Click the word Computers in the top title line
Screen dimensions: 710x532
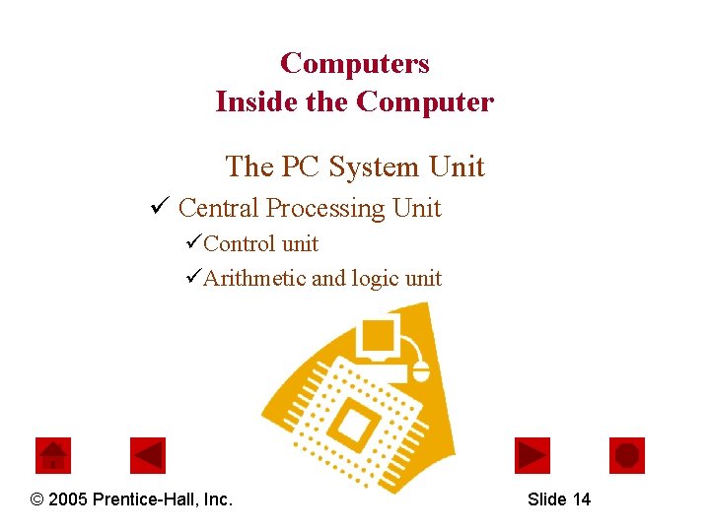[x=355, y=64]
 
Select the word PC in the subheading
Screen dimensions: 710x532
[x=301, y=166]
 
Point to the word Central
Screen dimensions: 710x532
[x=219, y=208]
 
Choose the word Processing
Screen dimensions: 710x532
[x=325, y=209]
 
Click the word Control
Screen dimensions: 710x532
[x=236, y=243]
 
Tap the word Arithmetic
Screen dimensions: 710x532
[x=254, y=279]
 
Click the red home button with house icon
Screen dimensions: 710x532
[x=53, y=455]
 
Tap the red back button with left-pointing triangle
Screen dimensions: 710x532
[x=148, y=455]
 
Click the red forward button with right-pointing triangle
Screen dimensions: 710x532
[x=532, y=455]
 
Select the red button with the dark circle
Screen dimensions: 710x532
[x=627, y=455]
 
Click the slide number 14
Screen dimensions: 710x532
[x=581, y=499]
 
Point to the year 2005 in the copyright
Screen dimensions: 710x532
[x=67, y=499]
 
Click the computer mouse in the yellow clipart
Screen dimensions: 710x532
[x=421, y=370]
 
